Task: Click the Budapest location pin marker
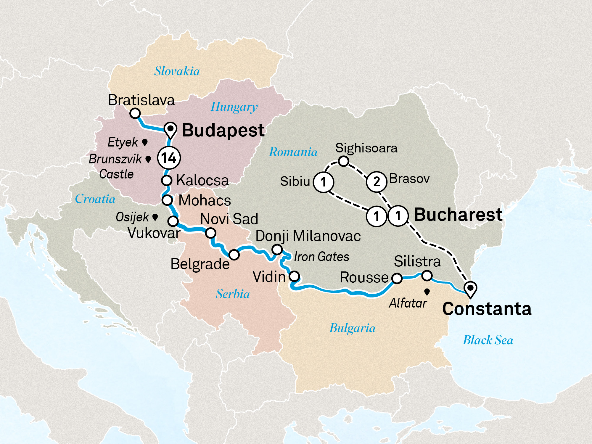tap(170, 129)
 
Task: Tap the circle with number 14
tap(169, 158)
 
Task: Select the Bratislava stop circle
tap(135, 113)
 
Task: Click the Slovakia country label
tap(177, 71)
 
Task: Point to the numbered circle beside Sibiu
tap(323, 182)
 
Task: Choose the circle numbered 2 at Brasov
tap(377, 181)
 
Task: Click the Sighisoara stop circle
tap(343, 161)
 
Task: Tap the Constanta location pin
tap(470, 288)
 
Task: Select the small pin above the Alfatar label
tap(427, 292)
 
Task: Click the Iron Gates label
tap(321, 257)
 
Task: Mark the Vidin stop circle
tap(294, 276)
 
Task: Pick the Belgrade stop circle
tap(234, 255)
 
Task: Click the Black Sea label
tap(488, 340)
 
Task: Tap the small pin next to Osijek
tap(155, 217)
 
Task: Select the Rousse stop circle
tap(397, 278)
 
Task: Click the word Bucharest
tap(458, 215)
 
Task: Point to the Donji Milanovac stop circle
tap(277, 250)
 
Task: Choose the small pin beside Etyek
tap(145, 142)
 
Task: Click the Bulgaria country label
tap(352, 328)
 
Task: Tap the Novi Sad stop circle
tap(210, 233)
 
